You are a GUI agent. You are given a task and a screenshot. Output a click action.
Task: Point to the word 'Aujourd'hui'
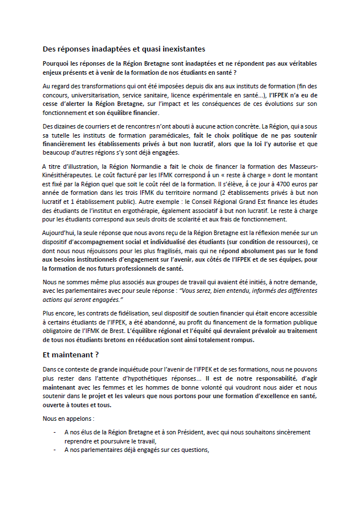click(59, 233)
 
